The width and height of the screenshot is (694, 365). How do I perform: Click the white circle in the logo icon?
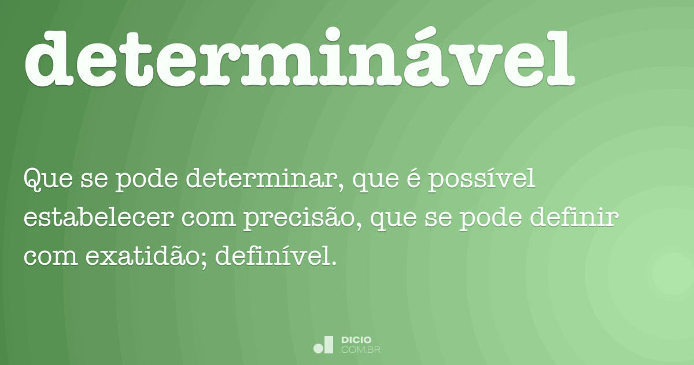[319, 348]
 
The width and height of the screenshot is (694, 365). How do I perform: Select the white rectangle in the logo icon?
[328, 345]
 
